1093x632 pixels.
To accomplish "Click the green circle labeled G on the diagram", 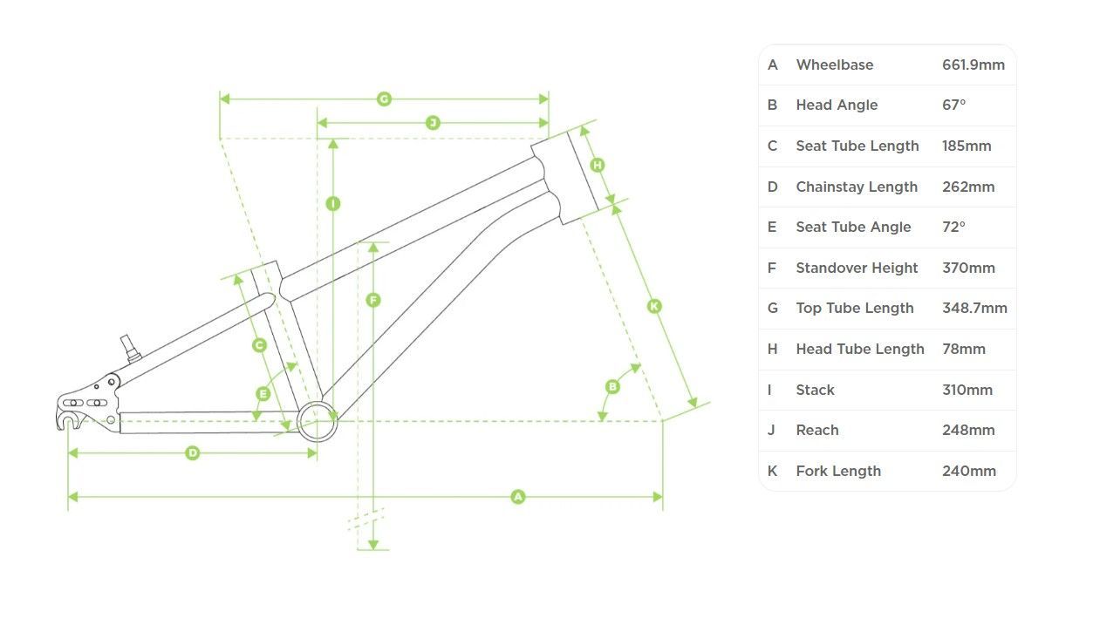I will click(x=384, y=99).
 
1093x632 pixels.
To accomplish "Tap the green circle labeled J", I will click(x=433, y=123).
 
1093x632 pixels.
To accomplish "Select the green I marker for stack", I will click(x=332, y=204).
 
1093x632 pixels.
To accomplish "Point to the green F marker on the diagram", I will click(x=373, y=300).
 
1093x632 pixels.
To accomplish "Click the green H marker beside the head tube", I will click(x=598, y=165).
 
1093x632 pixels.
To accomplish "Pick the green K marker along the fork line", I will click(x=654, y=306).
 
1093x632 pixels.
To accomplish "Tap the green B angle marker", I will click(x=612, y=386).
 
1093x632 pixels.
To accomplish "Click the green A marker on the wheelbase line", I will click(x=518, y=497).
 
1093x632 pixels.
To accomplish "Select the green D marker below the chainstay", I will click(x=193, y=453).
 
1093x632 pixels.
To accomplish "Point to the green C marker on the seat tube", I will click(x=259, y=345).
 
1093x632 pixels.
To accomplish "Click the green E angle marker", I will click(x=263, y=394).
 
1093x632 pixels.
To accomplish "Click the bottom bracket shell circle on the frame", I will click(x=317, y=421).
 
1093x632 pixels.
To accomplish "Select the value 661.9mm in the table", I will click(x=973, y=65).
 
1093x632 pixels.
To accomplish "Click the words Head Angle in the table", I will click(x=837, y=105).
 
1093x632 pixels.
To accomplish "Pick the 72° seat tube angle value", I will click(x=953, y=227).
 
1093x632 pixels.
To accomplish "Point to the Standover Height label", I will click(x=857, y=268).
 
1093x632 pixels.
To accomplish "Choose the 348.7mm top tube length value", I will click(x=974, y=308).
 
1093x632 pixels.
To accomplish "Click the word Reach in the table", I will click(x=817, y=430).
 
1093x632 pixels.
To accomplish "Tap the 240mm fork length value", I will click(x=968, y=471).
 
